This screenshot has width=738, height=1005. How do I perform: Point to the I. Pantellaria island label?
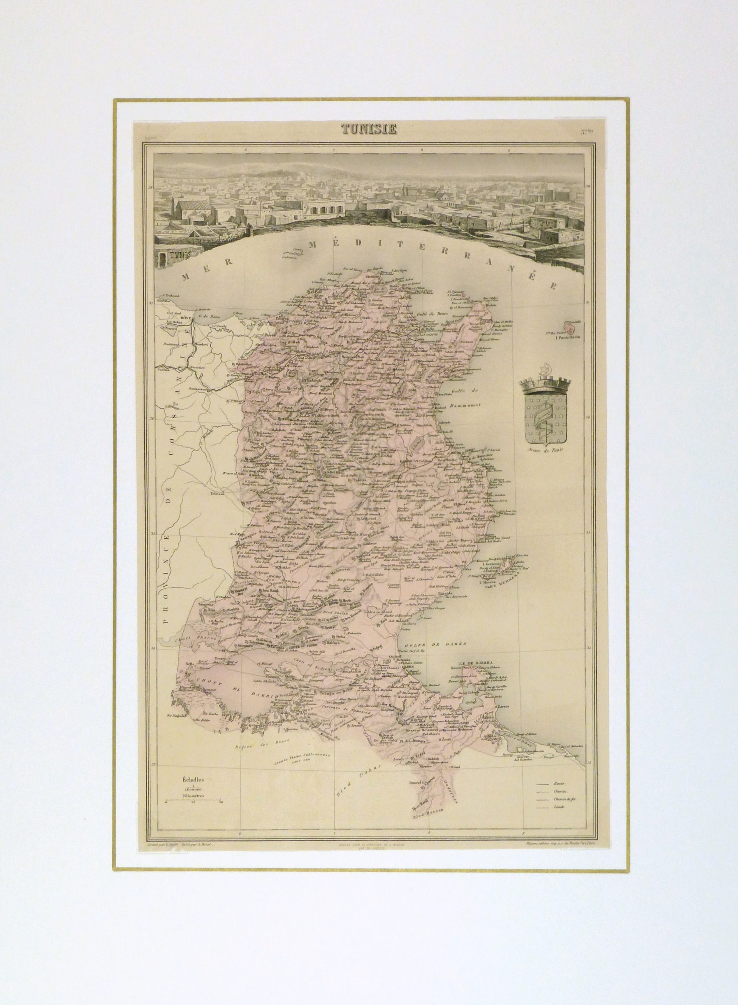(564, 338)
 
